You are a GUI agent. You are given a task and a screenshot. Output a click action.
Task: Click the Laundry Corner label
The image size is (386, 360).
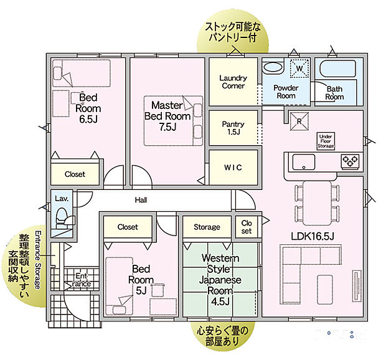coord(233,82)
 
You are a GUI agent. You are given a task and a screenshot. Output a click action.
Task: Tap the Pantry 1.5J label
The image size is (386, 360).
coord(233,128)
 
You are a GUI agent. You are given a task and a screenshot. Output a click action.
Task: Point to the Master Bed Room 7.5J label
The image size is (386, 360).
coord(167,116)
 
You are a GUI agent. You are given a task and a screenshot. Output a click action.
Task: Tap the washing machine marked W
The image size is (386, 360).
coord(299,68)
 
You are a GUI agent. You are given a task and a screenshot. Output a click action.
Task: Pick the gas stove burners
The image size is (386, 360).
coord(349,161)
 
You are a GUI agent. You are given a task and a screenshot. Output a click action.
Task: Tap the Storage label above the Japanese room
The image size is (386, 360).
coord(206,227)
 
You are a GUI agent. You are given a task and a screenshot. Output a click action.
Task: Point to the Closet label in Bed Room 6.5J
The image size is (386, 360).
coord(75,174)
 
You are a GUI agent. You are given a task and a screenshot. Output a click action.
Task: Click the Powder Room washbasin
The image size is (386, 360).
coord(275,68)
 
